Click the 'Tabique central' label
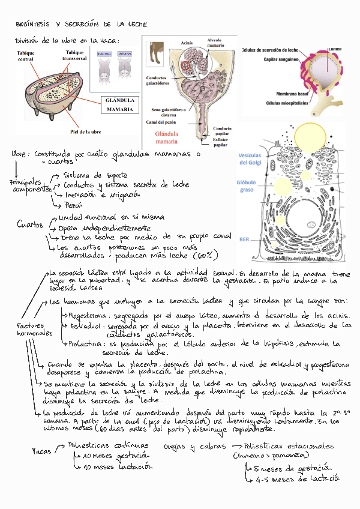click(25, 57)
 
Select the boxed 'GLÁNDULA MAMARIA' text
click(120, 105)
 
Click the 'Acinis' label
click(186, 43)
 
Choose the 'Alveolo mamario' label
click(215, 42)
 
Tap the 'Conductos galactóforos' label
click(160, 81)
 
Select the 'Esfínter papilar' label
click(223, 142)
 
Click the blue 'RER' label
click(244, 239)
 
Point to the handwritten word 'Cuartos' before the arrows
click(30, 225)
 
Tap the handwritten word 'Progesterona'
click(88, 315)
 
